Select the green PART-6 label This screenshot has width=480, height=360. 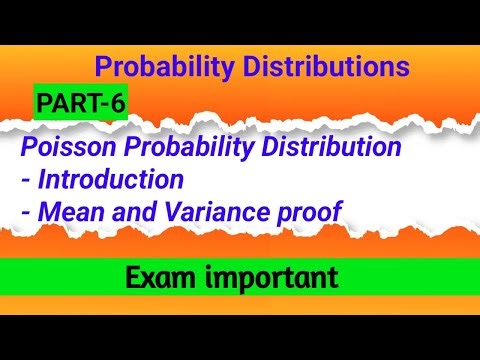[x=79, y=102]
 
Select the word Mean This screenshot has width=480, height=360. [x=72, y=212]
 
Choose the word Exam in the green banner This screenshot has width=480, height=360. [x=162, y=278]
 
